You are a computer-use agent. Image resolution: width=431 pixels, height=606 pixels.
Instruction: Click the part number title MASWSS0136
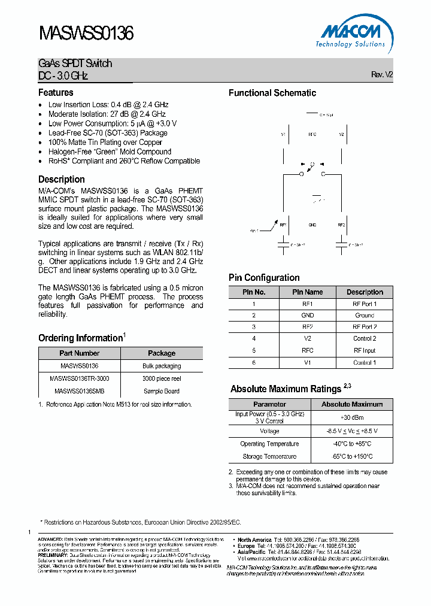pyautogui.click(x=86, y=33)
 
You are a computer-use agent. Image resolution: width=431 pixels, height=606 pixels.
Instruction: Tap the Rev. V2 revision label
pyautogui.click(x=382, y=75)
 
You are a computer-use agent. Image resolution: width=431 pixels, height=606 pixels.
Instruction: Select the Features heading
pyautogui.click(x=56, y=93)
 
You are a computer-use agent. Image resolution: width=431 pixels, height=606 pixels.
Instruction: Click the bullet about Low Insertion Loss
pyautogui.click(x=108, y=104)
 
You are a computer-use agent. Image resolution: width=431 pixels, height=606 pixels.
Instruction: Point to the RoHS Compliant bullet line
pyautogui.click(x=124, y=161)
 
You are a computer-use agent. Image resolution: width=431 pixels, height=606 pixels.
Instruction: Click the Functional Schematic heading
pyautogui.click(x=272, y=93)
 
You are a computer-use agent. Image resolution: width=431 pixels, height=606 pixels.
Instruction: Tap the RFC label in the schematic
pyautogui.click(x=311, y=134)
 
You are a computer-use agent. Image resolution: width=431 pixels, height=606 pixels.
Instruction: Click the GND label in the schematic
pyautogui.click(x=312, y=225)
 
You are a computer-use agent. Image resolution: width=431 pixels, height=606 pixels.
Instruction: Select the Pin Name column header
pyautogui.click(x=307, y=292)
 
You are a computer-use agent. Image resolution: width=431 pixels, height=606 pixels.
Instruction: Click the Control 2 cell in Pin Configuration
pyautogui.click(x=365, y=338)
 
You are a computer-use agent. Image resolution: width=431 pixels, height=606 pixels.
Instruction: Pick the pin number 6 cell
pyautogui.click(x=254, y=363)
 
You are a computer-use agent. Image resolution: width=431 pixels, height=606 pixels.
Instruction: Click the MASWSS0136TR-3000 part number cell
pyautogui.click(x=79, y=378)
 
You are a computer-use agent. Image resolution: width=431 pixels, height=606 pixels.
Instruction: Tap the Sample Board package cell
pyautogui.click(x=161, y=391)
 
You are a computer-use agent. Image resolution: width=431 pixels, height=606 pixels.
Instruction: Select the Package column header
pyautogui.click(x=161, y=353)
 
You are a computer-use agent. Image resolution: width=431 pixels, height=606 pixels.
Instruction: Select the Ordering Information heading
pyautogui.click(x=80, y=338)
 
